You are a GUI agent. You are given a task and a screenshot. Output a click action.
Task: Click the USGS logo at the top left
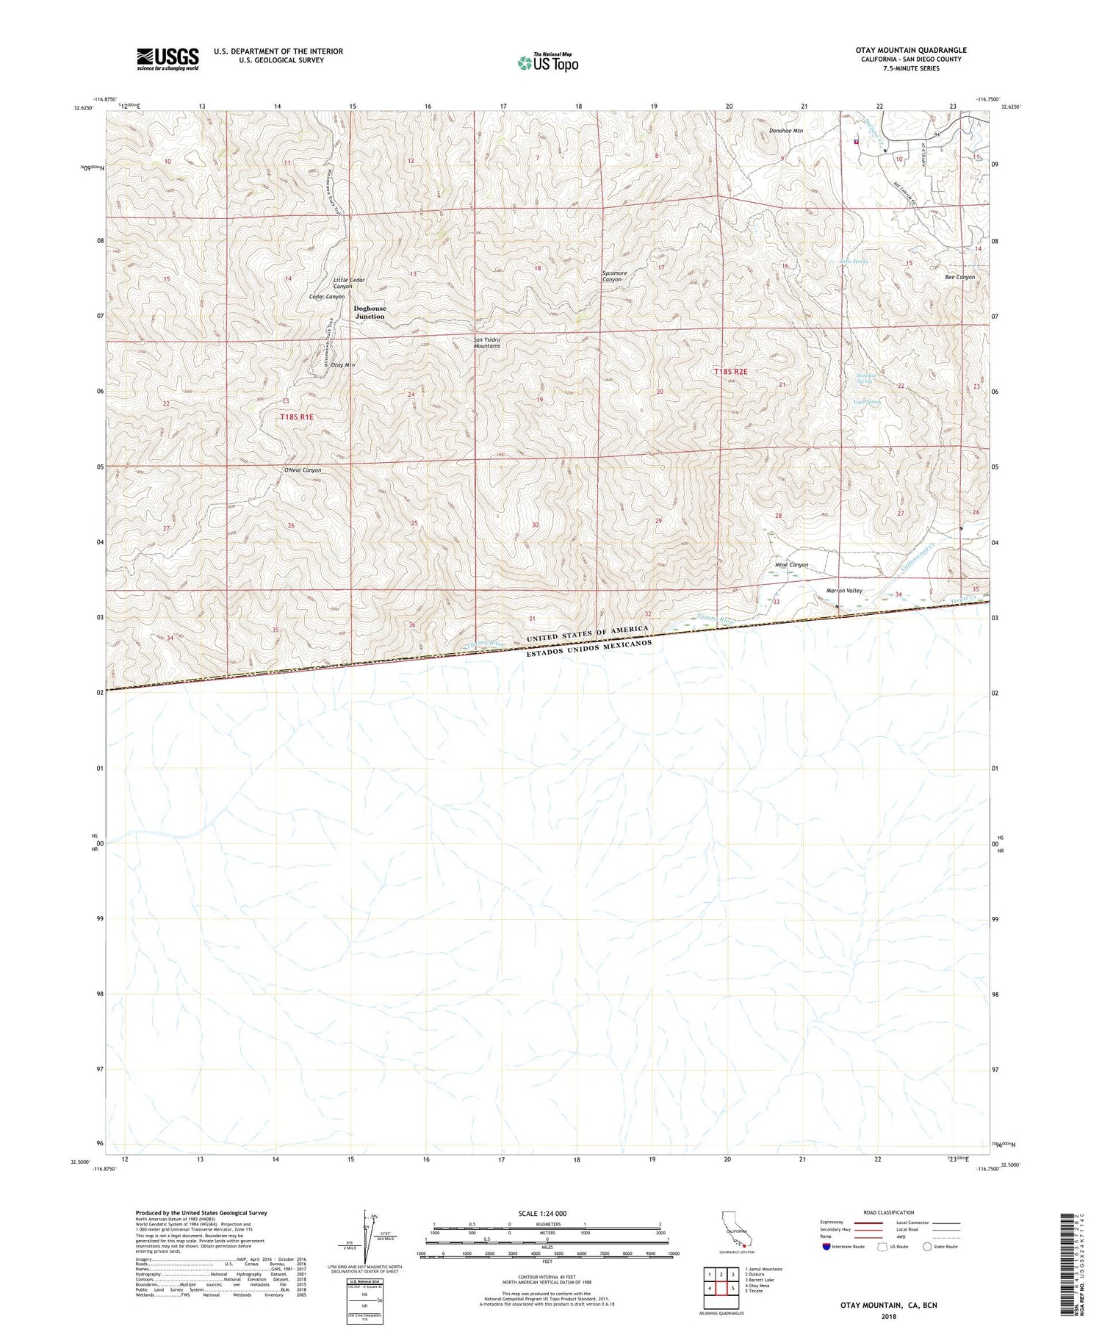pyautogui.click(x=168, y=59)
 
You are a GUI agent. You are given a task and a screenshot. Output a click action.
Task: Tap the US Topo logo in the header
pyautogui.click(x=547, y=63)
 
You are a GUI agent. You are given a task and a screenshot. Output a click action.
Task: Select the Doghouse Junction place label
pyautogui.click(x=370, y=312)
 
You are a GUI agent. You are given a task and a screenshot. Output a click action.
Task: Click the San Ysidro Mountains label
pyautogui.click(x=486, y=343)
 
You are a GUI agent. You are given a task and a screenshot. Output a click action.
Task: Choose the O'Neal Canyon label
pyautogui.click(x=303, y=470)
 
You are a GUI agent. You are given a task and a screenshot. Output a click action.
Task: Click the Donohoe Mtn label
pyautogui.click(x=786, y=131)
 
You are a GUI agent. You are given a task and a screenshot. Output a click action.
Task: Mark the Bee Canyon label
pyautogui.click(x=959, y=277)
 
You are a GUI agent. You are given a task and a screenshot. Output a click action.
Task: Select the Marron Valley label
pyautogui.click(x=844, y=591)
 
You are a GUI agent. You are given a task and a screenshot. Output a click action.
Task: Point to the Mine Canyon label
pyautogui.click(x=791, y=565)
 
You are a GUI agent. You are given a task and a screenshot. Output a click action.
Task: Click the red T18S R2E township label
pyautogui.click(x=730, y=372)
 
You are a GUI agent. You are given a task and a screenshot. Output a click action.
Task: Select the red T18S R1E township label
pyautogui.click(x=297, y=417)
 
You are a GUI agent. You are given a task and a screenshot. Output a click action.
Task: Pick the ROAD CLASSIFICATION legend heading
pyautogui.click(x=889, y=1212)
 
